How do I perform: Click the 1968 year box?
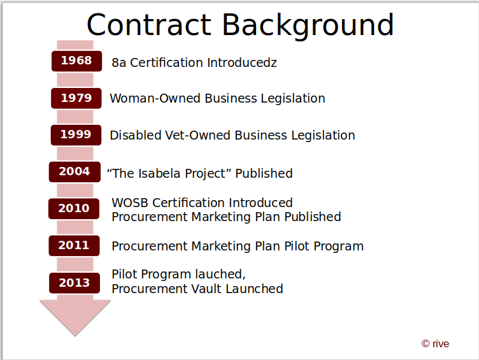pyautogui.click(x=76, y=61)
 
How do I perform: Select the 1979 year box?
pyautogui.click(x=76, y=98)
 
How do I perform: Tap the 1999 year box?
pyautogui.click(x=76, y=135)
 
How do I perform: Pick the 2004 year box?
pyautogui.click(x=75, y=172)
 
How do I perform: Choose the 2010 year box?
pyautogui.click(x=74, y=209)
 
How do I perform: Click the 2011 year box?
pyautogui.click(x=75, y=246)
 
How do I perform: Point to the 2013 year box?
pyautogui.click(x=75, y=283)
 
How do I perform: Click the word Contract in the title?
pyautogui.click(x=149, y=25)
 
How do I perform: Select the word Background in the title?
pyautogui.click(x=308, y=26)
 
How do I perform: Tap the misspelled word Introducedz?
pyautogui.click(x=242, y=62)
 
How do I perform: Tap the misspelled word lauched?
pyautogui.click(x=220, y=275)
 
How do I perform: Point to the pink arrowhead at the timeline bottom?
pyautogui.click(x=75, y=318)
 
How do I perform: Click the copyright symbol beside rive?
pyautogui.click(x=425, y=344)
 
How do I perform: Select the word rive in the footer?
pyautogui.click(x=441, y=344)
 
